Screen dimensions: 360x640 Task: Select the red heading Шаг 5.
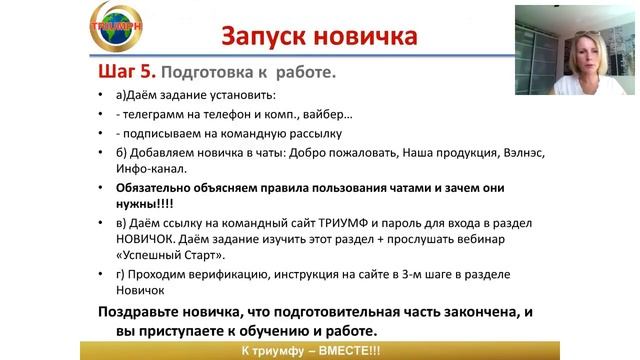point(128,74)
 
